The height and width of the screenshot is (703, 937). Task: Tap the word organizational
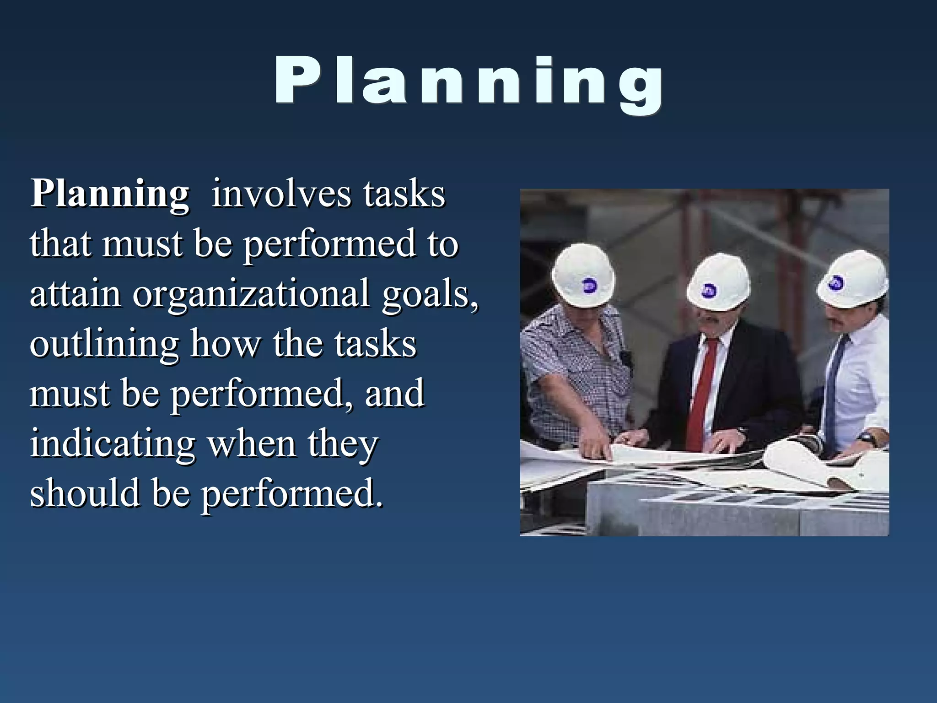pos(251,294)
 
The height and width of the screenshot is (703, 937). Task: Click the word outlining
pos(104,344)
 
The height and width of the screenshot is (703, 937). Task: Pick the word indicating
pos(113,444)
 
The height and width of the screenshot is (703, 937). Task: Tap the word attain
pos(75,294)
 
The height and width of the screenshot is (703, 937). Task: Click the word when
pos(252,444)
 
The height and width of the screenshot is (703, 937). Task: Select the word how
pos(226,344)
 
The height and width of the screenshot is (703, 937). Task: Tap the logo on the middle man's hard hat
pos(710,290)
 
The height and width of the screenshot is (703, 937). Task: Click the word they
pos(343,444)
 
